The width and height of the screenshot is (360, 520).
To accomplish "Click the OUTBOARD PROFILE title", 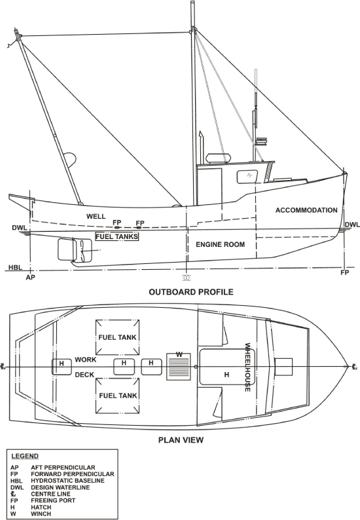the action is tap(191, 292).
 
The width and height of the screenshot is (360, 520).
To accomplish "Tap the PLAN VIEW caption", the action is tap(181, 440).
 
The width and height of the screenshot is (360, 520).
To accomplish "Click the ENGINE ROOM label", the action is tap(220, 244).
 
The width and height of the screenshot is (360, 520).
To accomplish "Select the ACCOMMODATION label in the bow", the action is tap(306, 210).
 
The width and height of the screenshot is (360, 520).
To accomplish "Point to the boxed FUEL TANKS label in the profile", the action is tap(117, 236).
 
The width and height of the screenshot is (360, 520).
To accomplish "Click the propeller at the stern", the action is tap(82, 250).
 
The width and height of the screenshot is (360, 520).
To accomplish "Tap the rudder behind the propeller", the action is tap(65, 250).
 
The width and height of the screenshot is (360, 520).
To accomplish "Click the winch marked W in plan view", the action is tap(179, 367).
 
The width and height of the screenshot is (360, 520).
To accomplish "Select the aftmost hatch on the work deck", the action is tap(62, 367).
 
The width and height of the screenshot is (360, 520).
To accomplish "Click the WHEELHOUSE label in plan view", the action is tap(247, 367).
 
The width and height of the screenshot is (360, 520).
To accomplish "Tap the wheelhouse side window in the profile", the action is tap(249, 177).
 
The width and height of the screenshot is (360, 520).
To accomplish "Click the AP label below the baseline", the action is tap(31, 277).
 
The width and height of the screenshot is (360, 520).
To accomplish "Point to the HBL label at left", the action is tap(15, 267).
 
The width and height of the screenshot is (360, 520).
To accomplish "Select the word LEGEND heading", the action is tap(25, 456).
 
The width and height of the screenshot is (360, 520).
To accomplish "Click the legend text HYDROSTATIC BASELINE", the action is tap(67, 481).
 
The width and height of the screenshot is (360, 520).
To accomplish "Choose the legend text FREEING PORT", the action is tap(53, 500).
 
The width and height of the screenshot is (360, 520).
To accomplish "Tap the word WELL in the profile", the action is tap(96, 217).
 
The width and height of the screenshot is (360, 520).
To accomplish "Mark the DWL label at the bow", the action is tap(352, 225).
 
